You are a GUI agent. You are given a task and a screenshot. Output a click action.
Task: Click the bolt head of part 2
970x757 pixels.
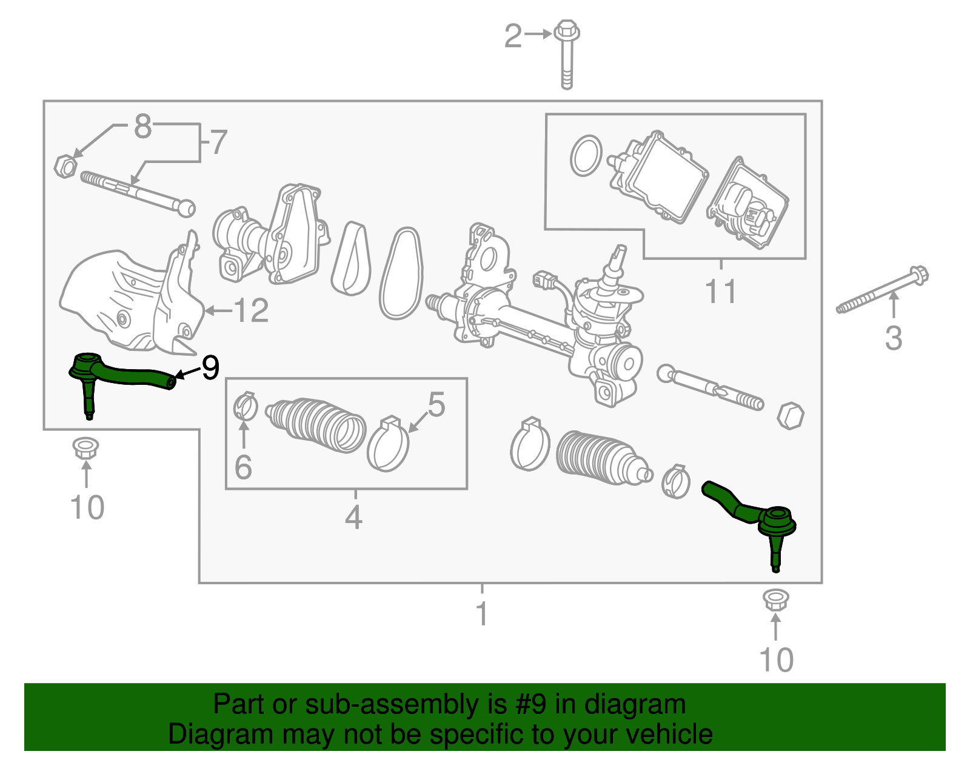tap(567, 30)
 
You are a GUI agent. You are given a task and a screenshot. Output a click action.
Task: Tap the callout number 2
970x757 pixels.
tap(513, 36)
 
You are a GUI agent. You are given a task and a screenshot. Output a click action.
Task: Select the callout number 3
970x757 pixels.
tap(894, 338)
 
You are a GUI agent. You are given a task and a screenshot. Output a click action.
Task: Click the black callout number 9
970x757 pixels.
tap(210, 368)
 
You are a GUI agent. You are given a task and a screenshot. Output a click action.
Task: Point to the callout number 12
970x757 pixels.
tap(250, 311)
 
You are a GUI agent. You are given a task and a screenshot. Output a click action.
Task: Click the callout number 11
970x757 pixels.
tap(721, 292)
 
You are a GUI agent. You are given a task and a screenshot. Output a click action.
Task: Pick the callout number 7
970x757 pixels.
tap(218, 142)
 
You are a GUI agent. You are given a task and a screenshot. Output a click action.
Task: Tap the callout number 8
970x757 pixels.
tap(142, 126)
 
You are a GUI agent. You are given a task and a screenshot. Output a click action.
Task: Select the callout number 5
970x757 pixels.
tap(436, 404)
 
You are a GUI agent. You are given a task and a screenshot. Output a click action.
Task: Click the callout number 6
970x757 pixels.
tap(243, 467)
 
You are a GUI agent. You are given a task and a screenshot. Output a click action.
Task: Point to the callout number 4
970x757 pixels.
tap(354, 517)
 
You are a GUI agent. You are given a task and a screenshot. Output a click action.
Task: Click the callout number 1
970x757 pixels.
tap(482, 613)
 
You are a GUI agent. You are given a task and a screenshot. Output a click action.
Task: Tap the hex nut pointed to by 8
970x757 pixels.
tap(65, 165)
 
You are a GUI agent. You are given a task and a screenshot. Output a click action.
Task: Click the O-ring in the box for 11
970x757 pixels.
tap(586, 156)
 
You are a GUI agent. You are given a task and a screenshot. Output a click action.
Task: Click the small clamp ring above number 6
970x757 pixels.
tap(246, 407)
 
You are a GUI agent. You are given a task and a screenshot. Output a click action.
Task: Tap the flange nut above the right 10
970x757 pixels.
tap(775, 600)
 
